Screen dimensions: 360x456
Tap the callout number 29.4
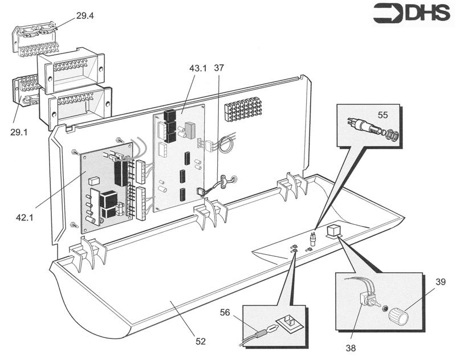click(x=84, y=16)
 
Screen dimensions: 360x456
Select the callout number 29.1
click(x=19, y=131)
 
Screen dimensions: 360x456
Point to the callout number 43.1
click(x=198, y=68)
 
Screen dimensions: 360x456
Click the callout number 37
click(x=219, y=68)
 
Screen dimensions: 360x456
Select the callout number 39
click(x=439, y=283)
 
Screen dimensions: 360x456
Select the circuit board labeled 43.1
click(x=180, y=154)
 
